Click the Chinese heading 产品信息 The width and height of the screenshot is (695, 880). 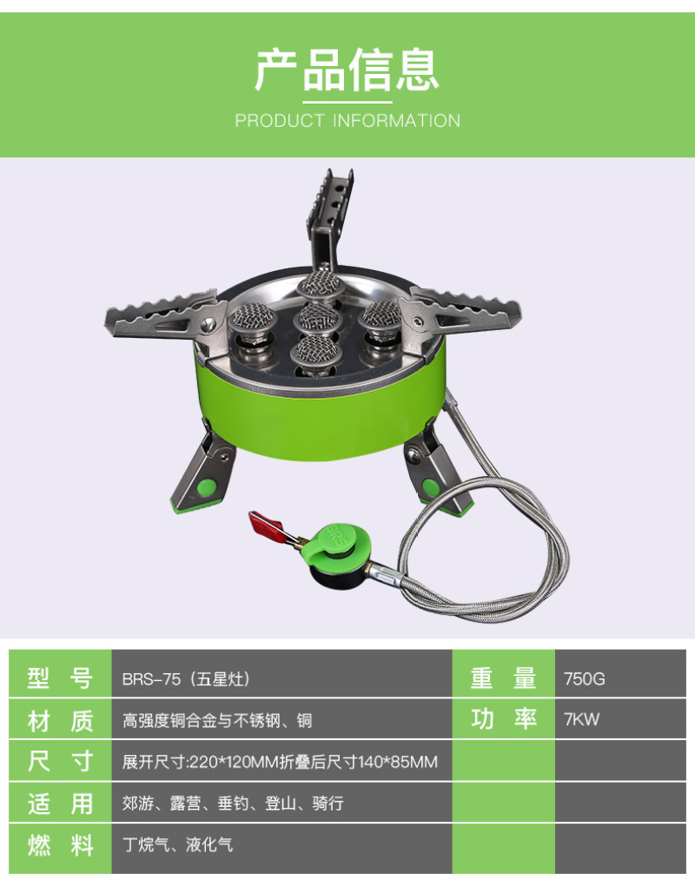pyautogui.click(x=347, y=70)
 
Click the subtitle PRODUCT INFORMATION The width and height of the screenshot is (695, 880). pyautogui.click(x=347, y=121)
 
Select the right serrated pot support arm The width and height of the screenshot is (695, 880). pyautogui.click(x=460, y=318)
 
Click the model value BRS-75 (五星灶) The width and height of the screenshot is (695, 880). pyautogui.click(x=186, y=679)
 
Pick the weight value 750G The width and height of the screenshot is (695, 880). pyautogui.click(x=585, y=679)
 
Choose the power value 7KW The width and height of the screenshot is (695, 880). pyautogui.click(x=581, y=719)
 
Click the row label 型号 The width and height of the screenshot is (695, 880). pyautogui.click(x=60, y=678)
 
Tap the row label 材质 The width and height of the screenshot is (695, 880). pyautogui.click(x=60, y=721)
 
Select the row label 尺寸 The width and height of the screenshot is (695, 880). pyautogui.click(x=60, y=762)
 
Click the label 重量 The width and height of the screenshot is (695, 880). pyautogui.click(x=504, y=678)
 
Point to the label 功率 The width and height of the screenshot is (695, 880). pyautogui.click(x=504, y=719)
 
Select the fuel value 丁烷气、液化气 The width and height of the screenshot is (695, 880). pyautogui.click(x=177, y=844)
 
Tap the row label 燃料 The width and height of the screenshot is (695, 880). pyautogui.click(x=60, y=845)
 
